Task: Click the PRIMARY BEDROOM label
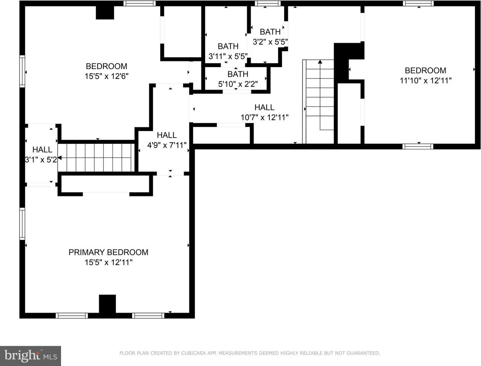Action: (108, 252)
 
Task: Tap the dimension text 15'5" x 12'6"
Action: (106, 76)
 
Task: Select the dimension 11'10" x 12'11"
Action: (425, 80)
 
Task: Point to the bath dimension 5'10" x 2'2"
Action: (238, 84)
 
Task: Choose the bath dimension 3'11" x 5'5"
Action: (228, 56)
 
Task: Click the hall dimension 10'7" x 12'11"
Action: (264, 117)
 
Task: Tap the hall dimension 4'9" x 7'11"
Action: (167, 145)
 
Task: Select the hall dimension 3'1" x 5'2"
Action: (41, 159)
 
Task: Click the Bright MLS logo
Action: (31, 356)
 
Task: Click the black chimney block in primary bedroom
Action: (107, 304)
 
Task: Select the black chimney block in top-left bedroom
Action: (105, 13)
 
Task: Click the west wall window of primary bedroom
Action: (22, 224)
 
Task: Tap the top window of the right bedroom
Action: (418, 3)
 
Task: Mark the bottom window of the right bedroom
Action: (418, 146)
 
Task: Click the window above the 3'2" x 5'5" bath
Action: (267, 3)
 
